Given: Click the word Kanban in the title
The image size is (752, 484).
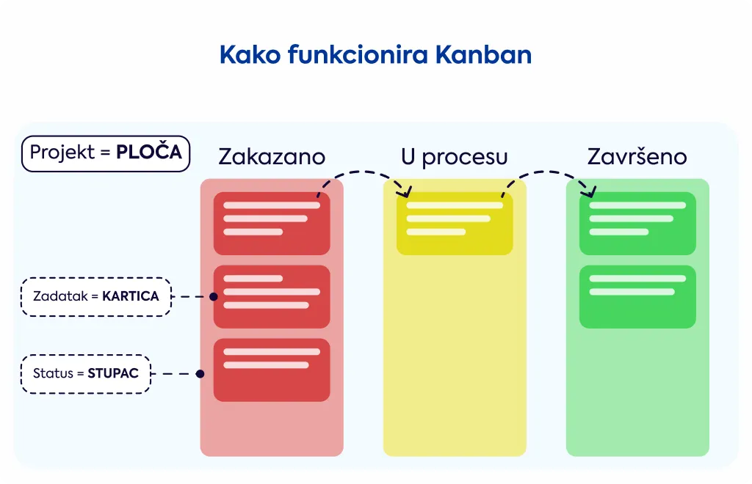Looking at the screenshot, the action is pyautogui.click(x=483, y=54).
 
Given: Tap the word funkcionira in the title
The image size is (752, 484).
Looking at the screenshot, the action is pyautogui.click(x=358, y=54).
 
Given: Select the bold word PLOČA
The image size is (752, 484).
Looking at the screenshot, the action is pyautogui.click(x=149, y=152).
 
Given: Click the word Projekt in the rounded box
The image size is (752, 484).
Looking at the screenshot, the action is pyautogui.click(x=62, y=153).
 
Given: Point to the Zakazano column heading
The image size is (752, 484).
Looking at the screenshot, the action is pyautogui.click(x=272, y=157).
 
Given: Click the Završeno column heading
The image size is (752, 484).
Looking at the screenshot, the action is pyautogui.click(x=637, y=156).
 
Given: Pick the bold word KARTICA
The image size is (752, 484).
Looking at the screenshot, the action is pyautogui.click(x=131, y=296).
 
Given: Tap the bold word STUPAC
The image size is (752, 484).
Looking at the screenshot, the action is pyautogui.click(x=112, y=373).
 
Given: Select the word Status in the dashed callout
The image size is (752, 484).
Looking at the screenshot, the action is pyautogui.click(x=53, y=373).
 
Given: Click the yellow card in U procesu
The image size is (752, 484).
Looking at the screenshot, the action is pyautogui.click(x=455, y=224).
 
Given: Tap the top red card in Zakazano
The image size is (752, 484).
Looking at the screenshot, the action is pyautogui.click(x=272, y=224).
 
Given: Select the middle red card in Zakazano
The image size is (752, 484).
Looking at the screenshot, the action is pyautogui.click(x=272, y=297).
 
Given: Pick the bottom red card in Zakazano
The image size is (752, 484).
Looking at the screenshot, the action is pyautogui.click(x=272, y=370).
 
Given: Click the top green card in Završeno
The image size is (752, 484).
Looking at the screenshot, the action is pyautogui.click(x=637, y=224).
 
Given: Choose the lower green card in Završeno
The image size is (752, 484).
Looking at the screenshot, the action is pyautogui.click(x=637, y=297).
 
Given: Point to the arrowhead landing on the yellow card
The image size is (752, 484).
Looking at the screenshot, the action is pyautogui.click(x=405, y=191).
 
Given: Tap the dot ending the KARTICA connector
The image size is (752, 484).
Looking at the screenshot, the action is pyautogui.click(x=214, y=297).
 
